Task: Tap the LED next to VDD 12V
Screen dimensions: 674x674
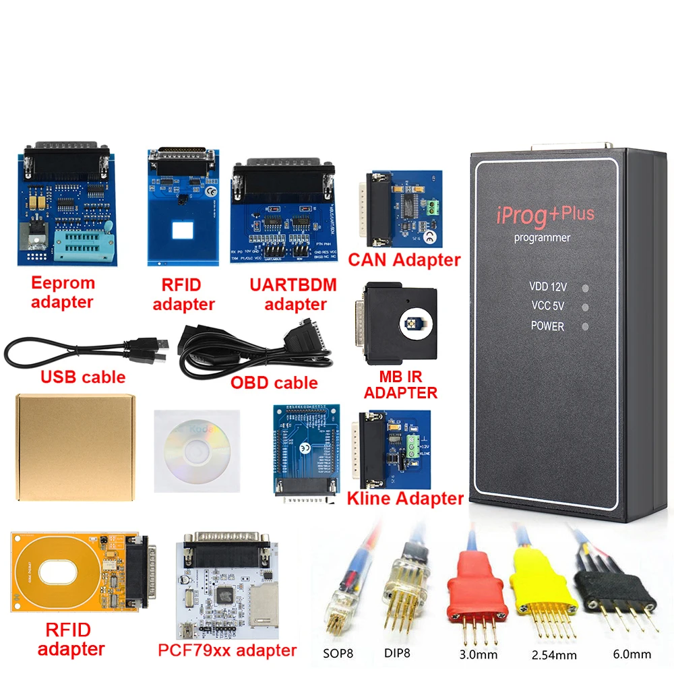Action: tap(585, 288)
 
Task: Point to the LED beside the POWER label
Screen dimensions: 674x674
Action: tap(585, 327)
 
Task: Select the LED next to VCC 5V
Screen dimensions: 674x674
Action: tap(585, 307)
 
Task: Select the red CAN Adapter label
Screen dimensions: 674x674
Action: tap(404, 259)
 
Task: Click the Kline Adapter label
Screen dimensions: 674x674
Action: tap(404, 499)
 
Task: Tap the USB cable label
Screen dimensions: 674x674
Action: tap(84, 376)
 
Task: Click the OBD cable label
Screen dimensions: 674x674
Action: tap(274, 383)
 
